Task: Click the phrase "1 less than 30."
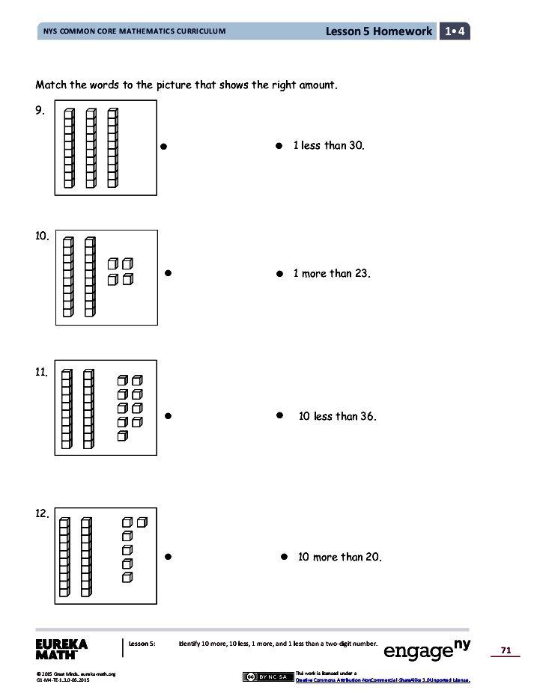329,146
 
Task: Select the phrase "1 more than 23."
332,274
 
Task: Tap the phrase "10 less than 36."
337,416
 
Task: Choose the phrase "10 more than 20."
339,557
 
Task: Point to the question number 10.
43,236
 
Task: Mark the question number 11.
42,371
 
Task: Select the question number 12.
43,513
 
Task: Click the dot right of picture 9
163,147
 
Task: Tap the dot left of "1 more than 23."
278,275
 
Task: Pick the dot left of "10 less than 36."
279,414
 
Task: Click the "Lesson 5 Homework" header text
379,31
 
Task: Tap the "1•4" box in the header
455,31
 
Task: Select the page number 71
506,651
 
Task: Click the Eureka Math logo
61,649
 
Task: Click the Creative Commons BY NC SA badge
267,677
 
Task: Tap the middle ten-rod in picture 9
91,148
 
